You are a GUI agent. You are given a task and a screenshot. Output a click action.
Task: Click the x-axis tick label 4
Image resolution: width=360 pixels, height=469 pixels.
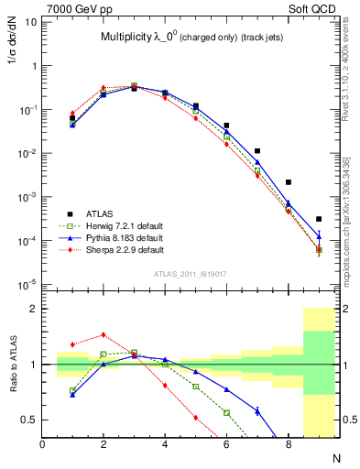(x=165, y=443)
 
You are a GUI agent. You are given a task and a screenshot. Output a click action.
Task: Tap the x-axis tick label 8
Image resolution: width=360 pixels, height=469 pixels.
(x=288, y=443)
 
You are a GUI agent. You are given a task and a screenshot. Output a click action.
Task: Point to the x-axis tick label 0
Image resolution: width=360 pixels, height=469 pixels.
(x=43, y=443)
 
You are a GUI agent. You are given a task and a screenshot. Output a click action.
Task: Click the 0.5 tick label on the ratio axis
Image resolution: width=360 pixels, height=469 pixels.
(x=28, y=420)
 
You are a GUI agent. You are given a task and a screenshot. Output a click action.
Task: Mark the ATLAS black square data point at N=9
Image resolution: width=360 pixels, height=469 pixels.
(x=319, y=219)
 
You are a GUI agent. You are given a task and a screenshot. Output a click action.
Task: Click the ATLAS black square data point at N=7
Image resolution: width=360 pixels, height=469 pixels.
(x=257, y=150)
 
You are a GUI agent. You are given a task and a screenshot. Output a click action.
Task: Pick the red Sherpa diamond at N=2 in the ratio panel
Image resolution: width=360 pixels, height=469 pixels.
(x=104, y=335)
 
